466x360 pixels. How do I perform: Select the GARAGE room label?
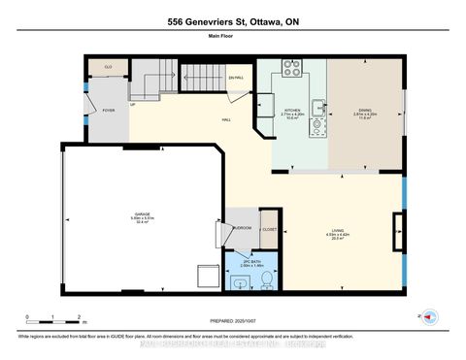(x=143, y=218)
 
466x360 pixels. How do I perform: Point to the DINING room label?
(x=364, y=114)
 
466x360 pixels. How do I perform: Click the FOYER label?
(x=108, y=111)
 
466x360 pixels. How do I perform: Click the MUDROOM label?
(x=242, y=228)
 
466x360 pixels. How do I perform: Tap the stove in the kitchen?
(x=291, y=68)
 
